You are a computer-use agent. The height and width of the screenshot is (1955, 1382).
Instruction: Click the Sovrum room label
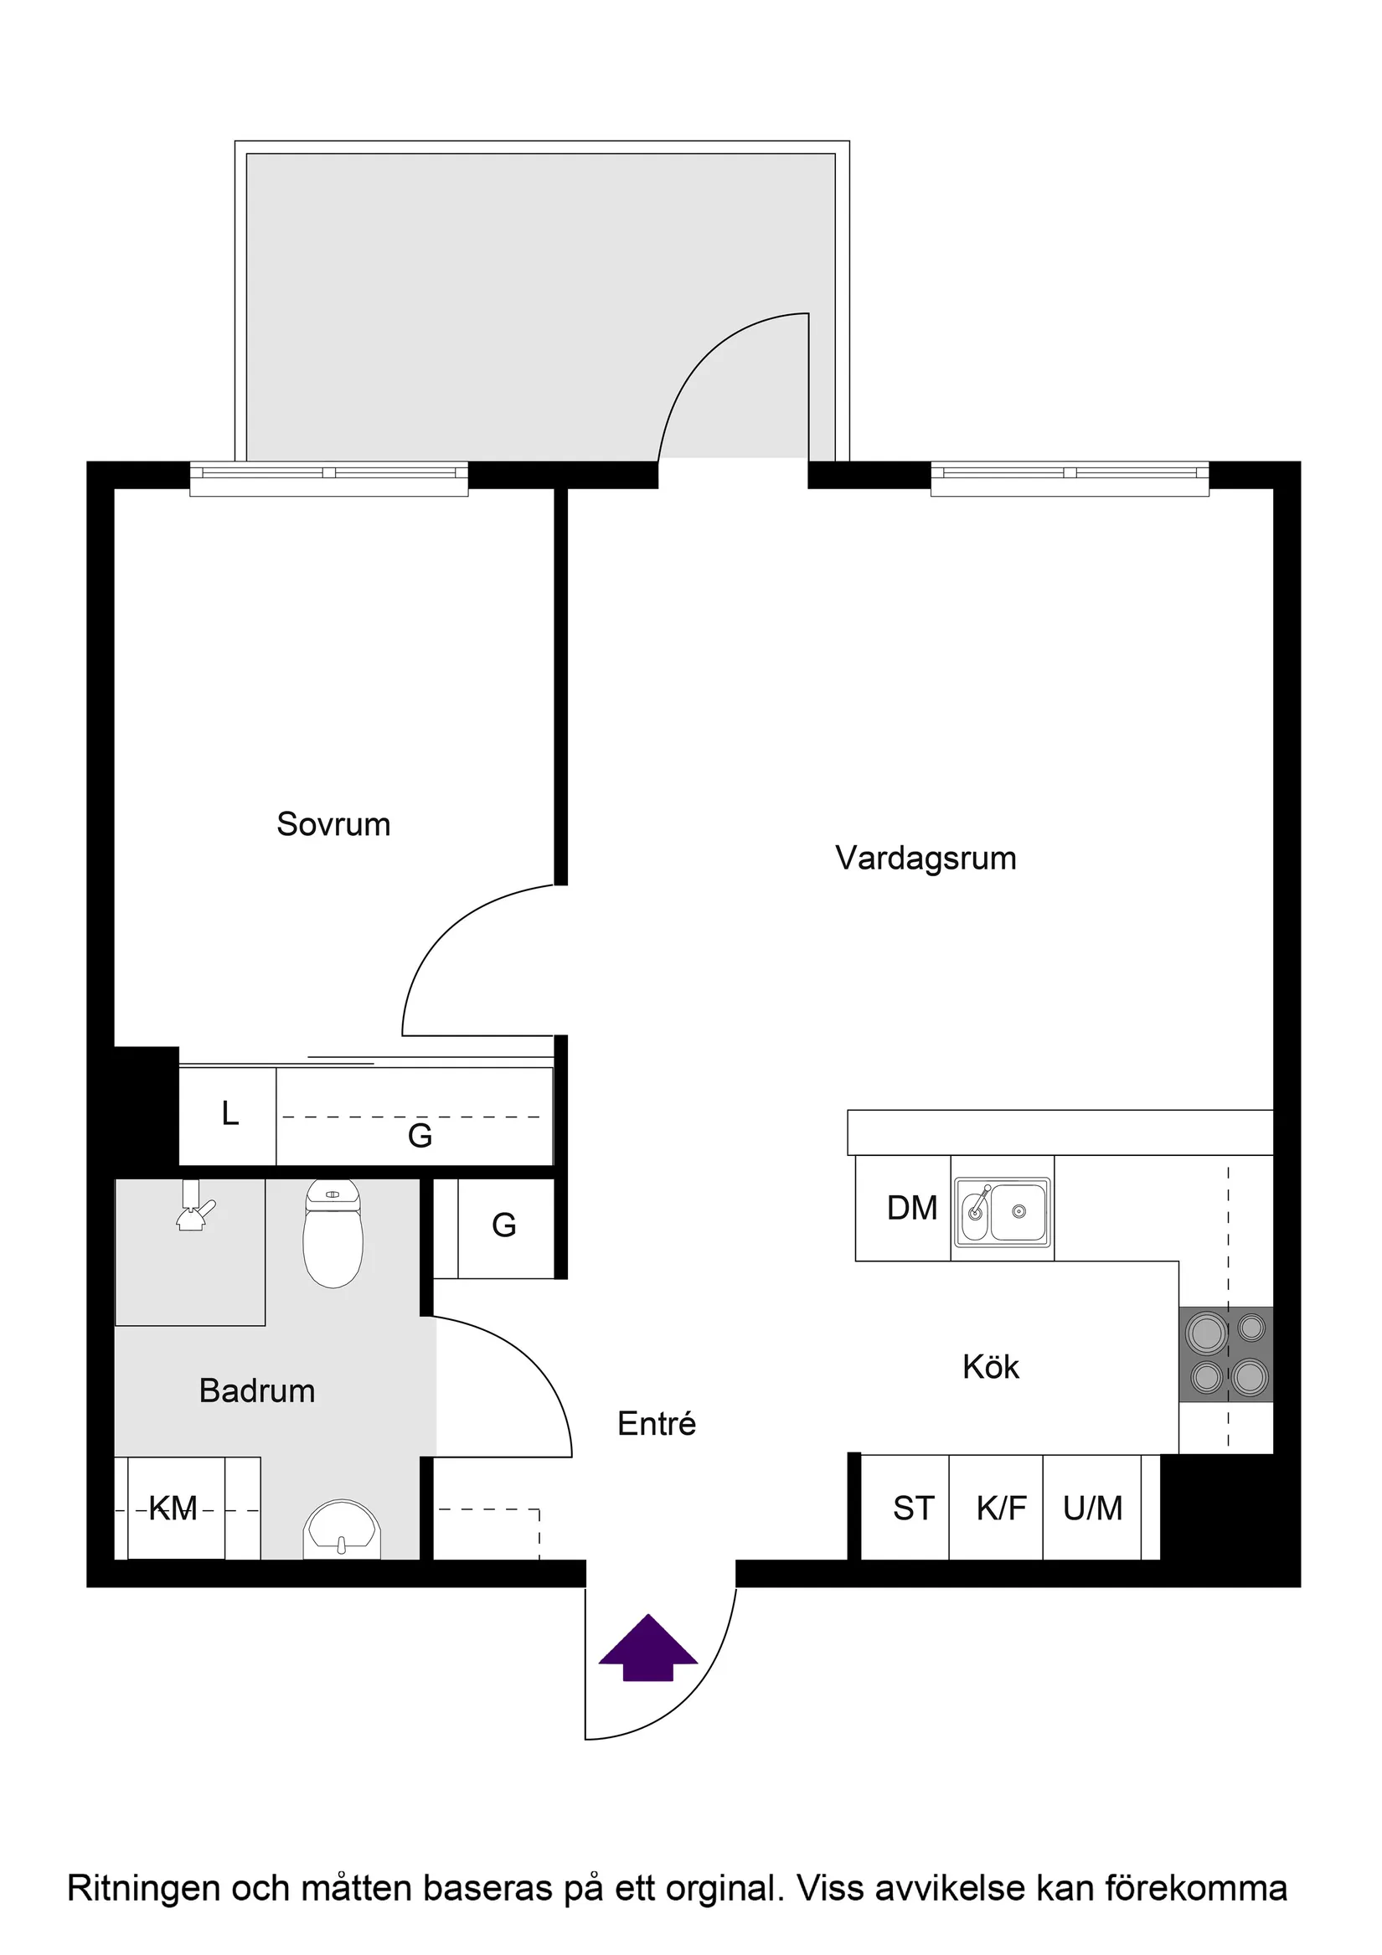[x=333, y=824]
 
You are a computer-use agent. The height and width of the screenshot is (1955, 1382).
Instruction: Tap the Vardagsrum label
[x=926, y=858]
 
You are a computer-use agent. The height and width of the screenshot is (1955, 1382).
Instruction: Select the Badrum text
[x=257, y=1390]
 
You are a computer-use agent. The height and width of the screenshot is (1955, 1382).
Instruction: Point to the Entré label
[x=657, y=1424]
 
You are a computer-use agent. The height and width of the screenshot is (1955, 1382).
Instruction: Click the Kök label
[x=990, y=1367]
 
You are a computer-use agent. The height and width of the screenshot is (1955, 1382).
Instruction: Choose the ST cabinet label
[x=913, y=1509]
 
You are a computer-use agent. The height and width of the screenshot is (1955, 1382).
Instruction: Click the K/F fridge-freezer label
[x=1001, y=1509]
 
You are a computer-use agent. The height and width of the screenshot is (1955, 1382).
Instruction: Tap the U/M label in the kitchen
[x=1092, y=1509]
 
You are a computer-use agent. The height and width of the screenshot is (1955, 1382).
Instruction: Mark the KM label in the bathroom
[x=173, y=1509]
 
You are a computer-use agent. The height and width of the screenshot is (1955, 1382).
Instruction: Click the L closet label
[x=229, y=1114]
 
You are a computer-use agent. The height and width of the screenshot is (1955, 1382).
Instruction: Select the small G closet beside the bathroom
[x=504, y=1226]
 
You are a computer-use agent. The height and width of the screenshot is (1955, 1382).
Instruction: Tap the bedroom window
[x=328, y=477]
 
